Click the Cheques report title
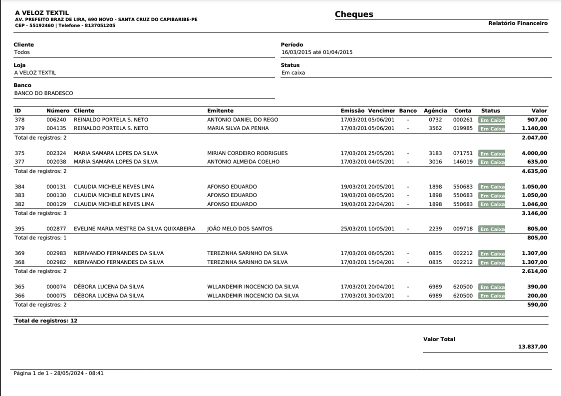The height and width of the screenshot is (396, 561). [x=354, y=14]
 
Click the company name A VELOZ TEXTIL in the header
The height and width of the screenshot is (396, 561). [x=42, y=12]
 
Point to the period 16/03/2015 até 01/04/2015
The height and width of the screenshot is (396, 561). [x=317, y=52]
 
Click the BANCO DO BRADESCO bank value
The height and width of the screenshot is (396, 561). [x=44, y=92]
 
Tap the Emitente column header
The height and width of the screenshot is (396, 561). [x=220, y=110]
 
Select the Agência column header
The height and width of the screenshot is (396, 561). [x=435, y=110]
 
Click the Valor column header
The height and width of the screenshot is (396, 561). [x=540, y=110]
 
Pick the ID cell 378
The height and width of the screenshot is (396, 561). [x=19, y=120]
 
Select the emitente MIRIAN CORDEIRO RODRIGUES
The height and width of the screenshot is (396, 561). [x=247, y=153]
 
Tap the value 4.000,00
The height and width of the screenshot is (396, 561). [x=535, y=153]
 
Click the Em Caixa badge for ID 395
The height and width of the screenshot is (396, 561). [x=492, y=229]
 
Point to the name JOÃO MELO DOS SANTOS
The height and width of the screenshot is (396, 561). [x=240, y=229]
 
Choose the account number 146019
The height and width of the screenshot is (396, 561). [x=462, y=161]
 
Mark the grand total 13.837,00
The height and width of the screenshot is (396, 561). [x=533, y=346]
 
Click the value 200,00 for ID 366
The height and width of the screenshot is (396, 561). [x=537, y=296]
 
